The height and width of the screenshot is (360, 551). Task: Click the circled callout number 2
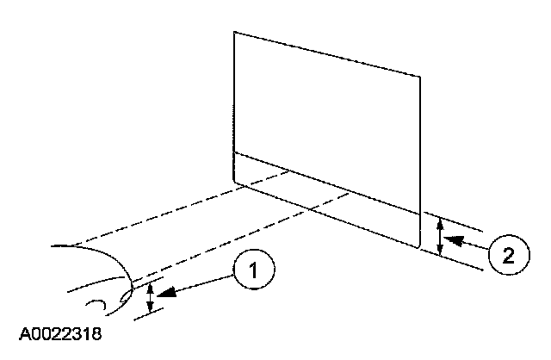[507, 254]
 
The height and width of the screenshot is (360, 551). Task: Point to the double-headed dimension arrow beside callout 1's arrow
[151, 298]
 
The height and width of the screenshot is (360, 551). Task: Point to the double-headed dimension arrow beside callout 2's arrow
[440, 236]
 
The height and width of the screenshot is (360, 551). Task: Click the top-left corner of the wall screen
[234, 33]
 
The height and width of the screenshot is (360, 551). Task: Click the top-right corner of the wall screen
[420, 76]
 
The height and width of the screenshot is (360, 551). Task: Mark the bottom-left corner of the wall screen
[235, 182]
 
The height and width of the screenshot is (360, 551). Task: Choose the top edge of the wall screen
[327, 54]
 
